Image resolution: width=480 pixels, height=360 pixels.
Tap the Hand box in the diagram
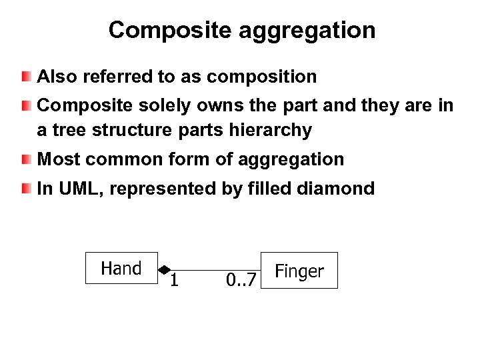pos(121,268)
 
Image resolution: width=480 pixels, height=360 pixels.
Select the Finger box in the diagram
pos(299,271)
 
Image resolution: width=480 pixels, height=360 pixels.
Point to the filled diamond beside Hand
pos(163,269)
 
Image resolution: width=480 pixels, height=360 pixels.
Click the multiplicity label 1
pos(173,280)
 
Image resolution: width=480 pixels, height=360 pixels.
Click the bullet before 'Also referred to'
pos(25,77)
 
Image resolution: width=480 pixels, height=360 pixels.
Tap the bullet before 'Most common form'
pos(25,159)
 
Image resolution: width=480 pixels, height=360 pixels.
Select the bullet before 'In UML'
pos(25,189)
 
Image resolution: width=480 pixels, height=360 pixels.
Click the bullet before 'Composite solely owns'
pos(25,105)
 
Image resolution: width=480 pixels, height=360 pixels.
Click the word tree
pos(70,131)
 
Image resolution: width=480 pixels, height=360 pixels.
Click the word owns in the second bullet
pos(198,105)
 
